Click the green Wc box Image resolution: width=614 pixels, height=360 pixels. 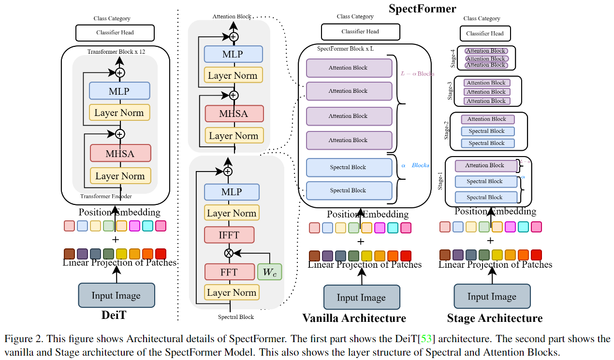tap(269, 272)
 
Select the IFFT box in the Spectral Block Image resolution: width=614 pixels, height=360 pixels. tap(229, 235)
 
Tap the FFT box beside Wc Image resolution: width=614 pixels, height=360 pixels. tap(229, 272)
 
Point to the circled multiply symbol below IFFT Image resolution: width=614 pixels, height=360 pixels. tap(229, 253)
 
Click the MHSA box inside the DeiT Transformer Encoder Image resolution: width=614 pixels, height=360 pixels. tap(120, 154)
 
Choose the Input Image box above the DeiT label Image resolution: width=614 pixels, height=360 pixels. tap(116, 295)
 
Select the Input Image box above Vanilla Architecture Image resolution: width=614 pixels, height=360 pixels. tap(361, 297)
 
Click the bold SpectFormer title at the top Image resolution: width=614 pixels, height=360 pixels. tap(422, 8)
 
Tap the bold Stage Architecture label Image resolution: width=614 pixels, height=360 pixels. tap(495, 318)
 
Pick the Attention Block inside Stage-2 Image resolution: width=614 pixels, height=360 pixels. tap(487, 119)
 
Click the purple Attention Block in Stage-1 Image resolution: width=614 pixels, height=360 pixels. tap(486, 166)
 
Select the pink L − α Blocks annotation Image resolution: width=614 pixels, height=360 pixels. tap(418, 74)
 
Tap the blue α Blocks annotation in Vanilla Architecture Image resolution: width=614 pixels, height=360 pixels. tap(415, 165)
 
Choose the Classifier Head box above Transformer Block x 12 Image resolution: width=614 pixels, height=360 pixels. tap(115, 33)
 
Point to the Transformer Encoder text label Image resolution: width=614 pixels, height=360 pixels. tap(106, 196)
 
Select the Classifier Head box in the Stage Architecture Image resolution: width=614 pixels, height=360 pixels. tap(485, 34)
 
